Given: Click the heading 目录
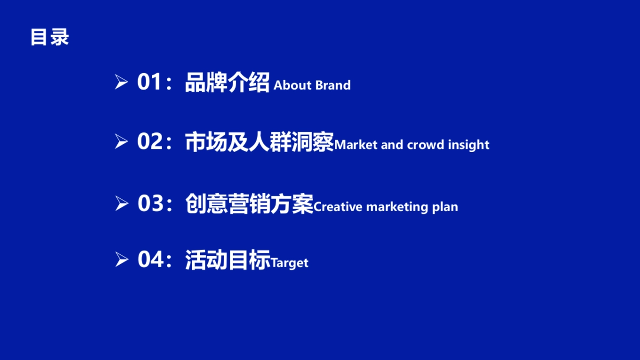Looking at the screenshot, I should pos(50,38).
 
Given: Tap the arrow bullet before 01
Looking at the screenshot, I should pos(122,83).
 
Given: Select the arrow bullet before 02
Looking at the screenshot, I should pos(122,142).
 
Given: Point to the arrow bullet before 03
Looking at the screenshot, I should pos(122,204).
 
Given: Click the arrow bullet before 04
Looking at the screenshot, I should pos(122,260).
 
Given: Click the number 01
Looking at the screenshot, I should pos(149,83).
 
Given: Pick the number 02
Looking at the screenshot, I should pos(149,142).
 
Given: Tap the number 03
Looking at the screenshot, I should pos(149,204).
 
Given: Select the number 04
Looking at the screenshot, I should pos(149,260).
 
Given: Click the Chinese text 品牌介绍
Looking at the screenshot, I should pos(227,83).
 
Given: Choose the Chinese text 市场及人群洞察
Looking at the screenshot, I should pos(259,142).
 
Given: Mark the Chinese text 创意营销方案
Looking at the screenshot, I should pos(249,204).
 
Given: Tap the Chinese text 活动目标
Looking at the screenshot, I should pos(228,260).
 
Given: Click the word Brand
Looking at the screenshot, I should pos(333,85).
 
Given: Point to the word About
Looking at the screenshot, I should pos(292,85).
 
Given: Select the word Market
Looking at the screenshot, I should pos(355,145).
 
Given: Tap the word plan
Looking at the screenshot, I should pos(445,207).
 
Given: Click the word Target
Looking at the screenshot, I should pos(290,263).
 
